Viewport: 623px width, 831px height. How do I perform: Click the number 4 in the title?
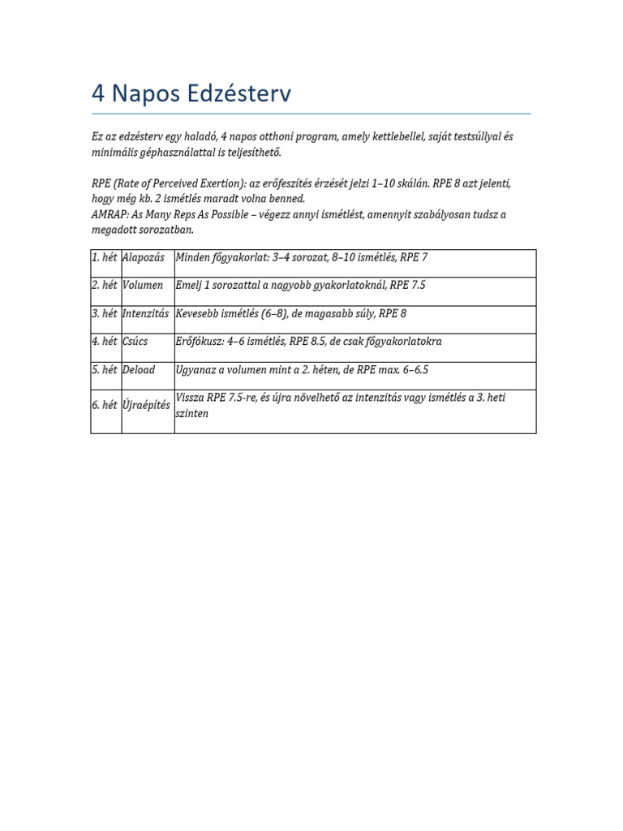click(x=98, y=94)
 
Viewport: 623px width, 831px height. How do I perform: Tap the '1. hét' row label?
click(x=105, y=257)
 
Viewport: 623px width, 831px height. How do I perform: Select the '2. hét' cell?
click(x=105, y=286)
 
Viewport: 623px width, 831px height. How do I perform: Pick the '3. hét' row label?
click(x=105, y=313)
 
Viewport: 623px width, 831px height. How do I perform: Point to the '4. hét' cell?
click(x=105, y=342)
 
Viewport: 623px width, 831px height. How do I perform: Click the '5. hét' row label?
click(x=105, y=370)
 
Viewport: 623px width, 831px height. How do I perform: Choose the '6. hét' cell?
click(x=105, y=405)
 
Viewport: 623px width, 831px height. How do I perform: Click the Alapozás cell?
click(x=144, y=257)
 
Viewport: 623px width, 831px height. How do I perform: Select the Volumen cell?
click(x=143, y=286)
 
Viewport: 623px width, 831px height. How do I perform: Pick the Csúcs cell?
click(x=136, y=342)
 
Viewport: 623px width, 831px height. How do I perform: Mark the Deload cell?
click(x=139, y=370)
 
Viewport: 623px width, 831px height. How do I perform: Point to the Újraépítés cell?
click(x=146, y=405)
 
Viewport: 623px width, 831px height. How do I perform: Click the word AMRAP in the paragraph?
click(x=109, y=214)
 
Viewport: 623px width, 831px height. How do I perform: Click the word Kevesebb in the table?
click(x=198, y=313)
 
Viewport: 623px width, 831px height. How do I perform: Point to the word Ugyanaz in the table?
click(x=196, y=370)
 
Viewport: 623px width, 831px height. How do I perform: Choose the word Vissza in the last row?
click(x=191, y=398)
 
